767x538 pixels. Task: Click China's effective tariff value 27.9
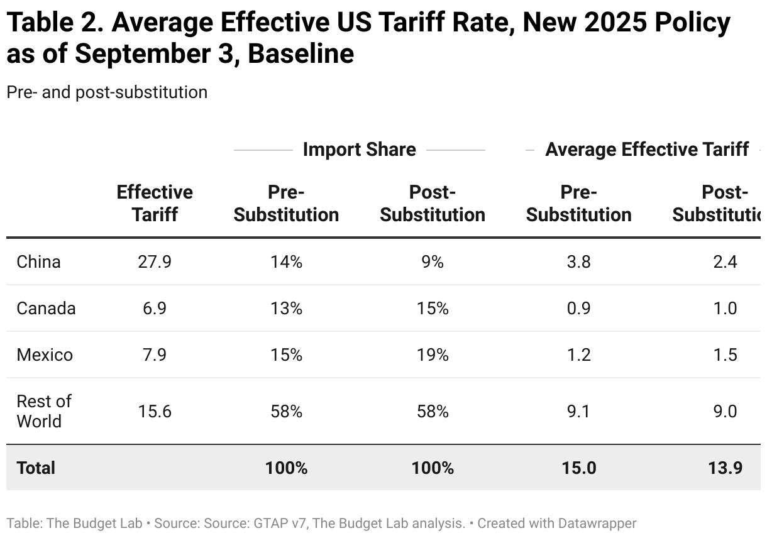155,261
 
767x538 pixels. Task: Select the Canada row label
46,308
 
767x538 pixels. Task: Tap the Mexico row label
45,354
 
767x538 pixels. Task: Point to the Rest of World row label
43,411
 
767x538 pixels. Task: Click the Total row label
36,468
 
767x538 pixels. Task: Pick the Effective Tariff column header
155,203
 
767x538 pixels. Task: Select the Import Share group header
359,150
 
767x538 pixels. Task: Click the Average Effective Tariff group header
646,150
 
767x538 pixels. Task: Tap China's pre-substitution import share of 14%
286,261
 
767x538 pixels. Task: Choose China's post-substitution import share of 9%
433,261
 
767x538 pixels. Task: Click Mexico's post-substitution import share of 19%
433,354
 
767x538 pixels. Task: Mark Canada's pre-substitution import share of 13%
286,308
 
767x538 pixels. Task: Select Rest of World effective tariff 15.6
155,411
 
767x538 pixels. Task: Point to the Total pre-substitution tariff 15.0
578,468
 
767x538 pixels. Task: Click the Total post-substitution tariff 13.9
724,468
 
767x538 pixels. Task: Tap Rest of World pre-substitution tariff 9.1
578,411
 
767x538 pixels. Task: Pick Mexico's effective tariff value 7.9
155,354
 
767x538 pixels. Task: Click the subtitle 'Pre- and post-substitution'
107,92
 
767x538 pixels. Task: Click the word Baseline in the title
301,54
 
